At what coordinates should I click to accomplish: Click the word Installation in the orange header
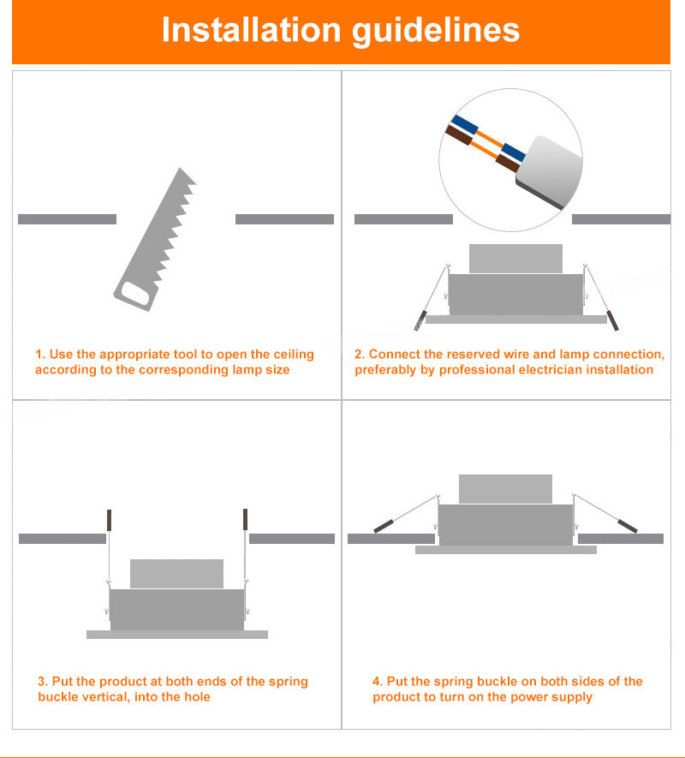tap(252, 30)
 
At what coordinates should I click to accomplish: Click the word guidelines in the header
tap(436, 32)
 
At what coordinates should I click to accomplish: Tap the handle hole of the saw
tap(136, 293)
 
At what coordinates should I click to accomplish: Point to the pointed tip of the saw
tap(181, 168)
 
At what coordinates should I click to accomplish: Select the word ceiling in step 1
tap(294, 355)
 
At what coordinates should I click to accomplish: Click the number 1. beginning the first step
tap(40, 355)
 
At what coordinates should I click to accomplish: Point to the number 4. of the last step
tap(377, 682)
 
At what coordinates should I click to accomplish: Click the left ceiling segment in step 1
tap(67, 219)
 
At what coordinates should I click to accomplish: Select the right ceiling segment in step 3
tap(291, 539)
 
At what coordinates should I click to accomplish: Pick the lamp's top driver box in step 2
tap(515, 259)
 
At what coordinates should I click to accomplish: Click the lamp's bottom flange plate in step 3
tap(177, 635)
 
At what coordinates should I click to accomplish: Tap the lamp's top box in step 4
tap(505, 489)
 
